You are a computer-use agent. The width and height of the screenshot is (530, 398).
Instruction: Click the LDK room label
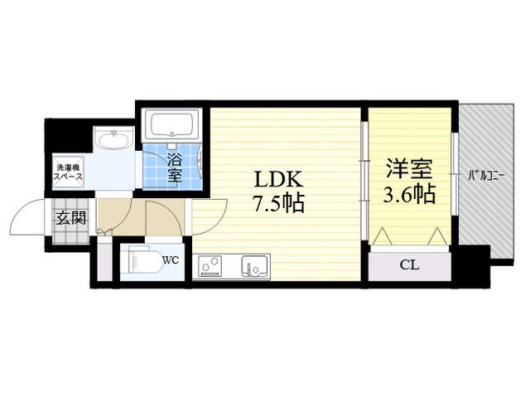(x=278, y=180)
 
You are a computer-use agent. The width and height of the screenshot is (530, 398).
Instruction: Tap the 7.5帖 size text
(x=279, y=202)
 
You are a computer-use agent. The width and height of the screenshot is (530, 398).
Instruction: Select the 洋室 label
(x=409, y=168)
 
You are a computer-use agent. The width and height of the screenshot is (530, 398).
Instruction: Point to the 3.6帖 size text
(x=409, y=194)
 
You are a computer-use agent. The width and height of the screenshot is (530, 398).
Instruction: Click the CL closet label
(x=409, y=265)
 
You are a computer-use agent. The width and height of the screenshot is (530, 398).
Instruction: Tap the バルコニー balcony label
(x=486, y=176)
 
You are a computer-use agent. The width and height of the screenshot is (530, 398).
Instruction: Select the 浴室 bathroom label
(x=175, y=167)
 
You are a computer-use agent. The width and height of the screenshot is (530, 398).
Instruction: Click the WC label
(x=171, y=260)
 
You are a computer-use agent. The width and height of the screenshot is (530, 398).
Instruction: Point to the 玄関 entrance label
(x=70, y=218)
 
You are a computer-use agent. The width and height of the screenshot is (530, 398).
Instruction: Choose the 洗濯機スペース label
(x=69, y=172)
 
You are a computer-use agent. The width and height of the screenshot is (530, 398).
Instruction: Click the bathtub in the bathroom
(x=171, y=124)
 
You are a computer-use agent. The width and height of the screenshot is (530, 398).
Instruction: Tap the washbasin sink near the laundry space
(x=113, y=140)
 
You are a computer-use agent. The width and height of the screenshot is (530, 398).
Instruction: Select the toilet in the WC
(x=147, y=262)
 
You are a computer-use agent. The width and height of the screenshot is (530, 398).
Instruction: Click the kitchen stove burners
(x=210, y=265)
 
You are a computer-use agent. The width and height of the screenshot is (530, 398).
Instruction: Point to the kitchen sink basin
(x=255, y=265)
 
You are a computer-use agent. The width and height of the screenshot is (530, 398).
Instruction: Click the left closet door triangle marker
(x=383, y=235)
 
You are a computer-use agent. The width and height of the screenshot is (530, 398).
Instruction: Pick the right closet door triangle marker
(x=438, y=235)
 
